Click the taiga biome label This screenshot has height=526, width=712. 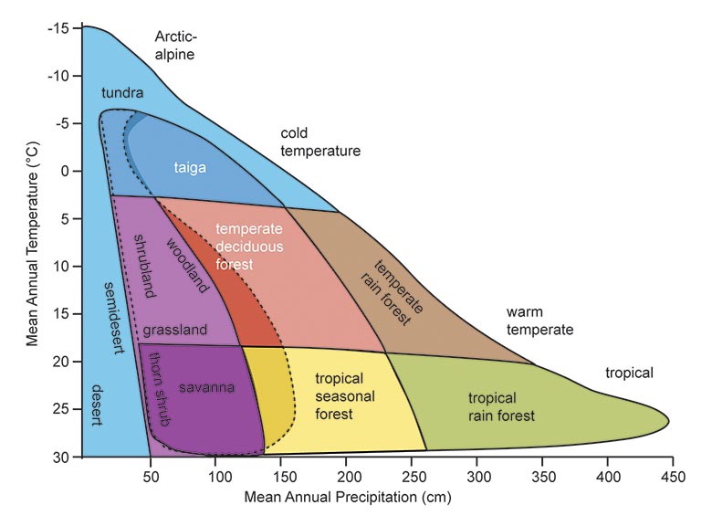pyautogui.click(x=190, y=167)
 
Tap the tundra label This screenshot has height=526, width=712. pyautogui.click(x=122, y=92)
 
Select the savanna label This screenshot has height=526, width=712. pyautogui.click(x=206, y=387)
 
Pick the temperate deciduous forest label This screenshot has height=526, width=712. pyautogui.click(x=249, y=246)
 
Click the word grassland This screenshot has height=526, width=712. pyautogui.click(x=175, y=329)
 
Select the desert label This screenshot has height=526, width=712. pyautogui.click(x=96, y=405)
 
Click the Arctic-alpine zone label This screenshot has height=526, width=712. pyautogui.click(x=175, y=46)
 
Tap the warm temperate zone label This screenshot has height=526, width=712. pyautogui.click(x=540, y=321)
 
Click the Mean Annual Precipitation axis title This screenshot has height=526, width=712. pyautogui.click(x=348, y=499)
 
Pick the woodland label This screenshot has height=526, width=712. pyautogui.click(x=189, y=265)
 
